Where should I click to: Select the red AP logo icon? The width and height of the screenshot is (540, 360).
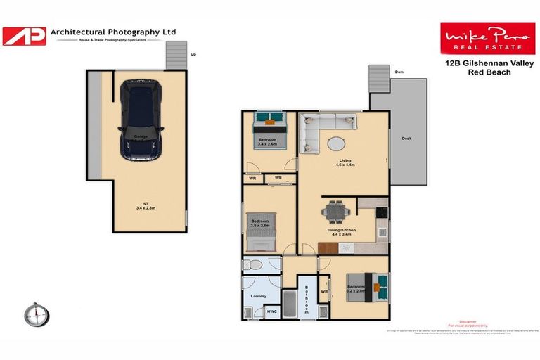(x=24, y=36)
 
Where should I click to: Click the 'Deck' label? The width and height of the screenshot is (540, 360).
(x=406, y=139)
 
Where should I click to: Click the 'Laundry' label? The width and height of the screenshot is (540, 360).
(x=258, y=296)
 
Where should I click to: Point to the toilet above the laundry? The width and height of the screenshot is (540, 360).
(x=254, y=265)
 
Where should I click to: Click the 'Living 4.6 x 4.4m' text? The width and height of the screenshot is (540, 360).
(x=344, y=162)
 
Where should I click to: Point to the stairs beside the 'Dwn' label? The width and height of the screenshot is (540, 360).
(x=378, y=80)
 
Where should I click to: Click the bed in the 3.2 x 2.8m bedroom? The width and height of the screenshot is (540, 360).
(x=370, y=286)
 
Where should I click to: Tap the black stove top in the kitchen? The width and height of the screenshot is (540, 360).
(x=382, y=212)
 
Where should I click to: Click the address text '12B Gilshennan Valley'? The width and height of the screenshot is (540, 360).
(x=483, y=63)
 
